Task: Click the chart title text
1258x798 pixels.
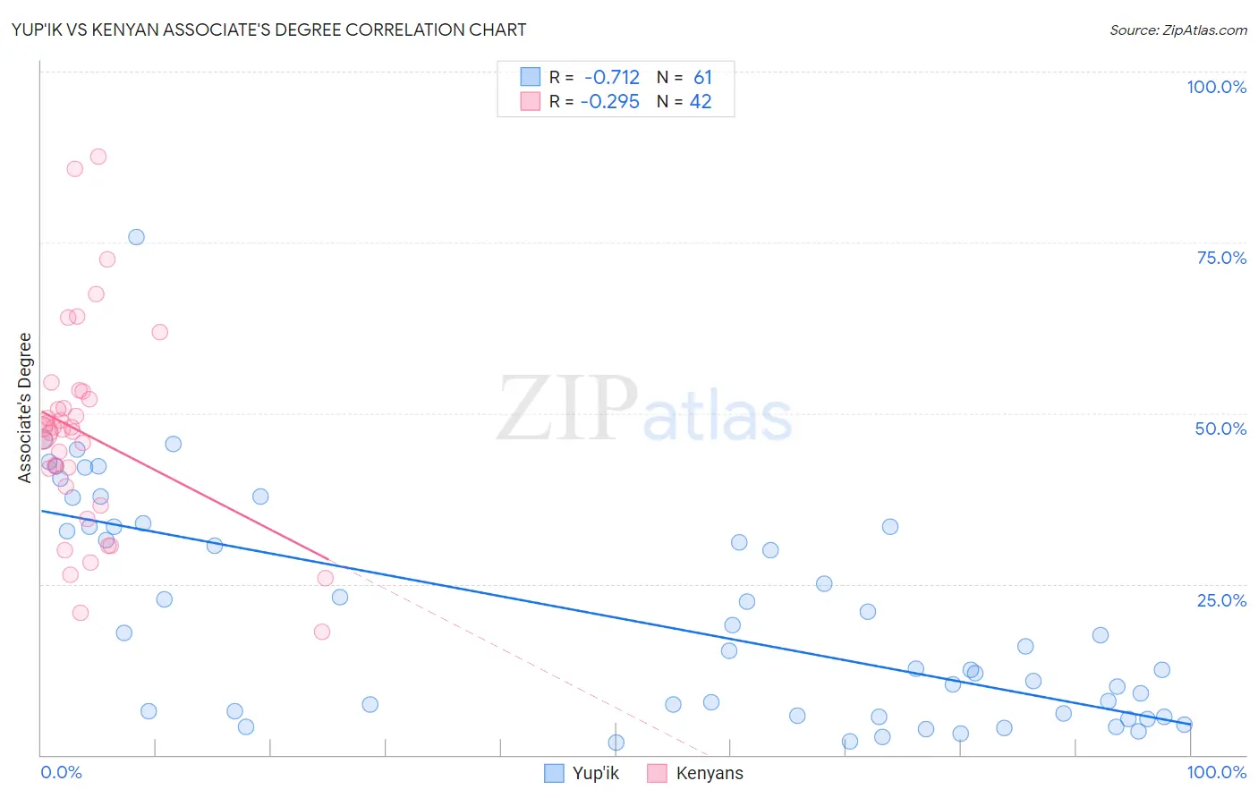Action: [268, 30]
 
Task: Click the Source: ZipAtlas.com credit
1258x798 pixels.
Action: [1177, 30]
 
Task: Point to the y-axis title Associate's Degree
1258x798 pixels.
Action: [25, 408]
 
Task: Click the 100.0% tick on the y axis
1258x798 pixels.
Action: [1216, 87]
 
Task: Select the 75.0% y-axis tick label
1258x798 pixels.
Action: [1221, 258]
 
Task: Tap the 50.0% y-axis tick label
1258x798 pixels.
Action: [1220, 429]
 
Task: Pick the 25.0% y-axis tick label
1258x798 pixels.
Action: [1221, 600]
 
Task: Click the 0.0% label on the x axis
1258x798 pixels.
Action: [61, 772]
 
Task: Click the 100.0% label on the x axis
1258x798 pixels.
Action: [1216, 772]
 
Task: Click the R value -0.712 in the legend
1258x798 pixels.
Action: [612, 78]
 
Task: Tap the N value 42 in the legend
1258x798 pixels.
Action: [701, 102]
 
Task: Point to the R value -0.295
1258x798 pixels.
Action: [610, 102]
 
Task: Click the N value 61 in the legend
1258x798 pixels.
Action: [702, 78]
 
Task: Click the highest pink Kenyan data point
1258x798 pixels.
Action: [98, 157]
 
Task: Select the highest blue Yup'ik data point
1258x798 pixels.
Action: [136, 237]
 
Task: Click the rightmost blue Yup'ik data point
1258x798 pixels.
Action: [1184, 725]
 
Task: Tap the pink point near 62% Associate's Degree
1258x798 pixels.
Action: [160, 332]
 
